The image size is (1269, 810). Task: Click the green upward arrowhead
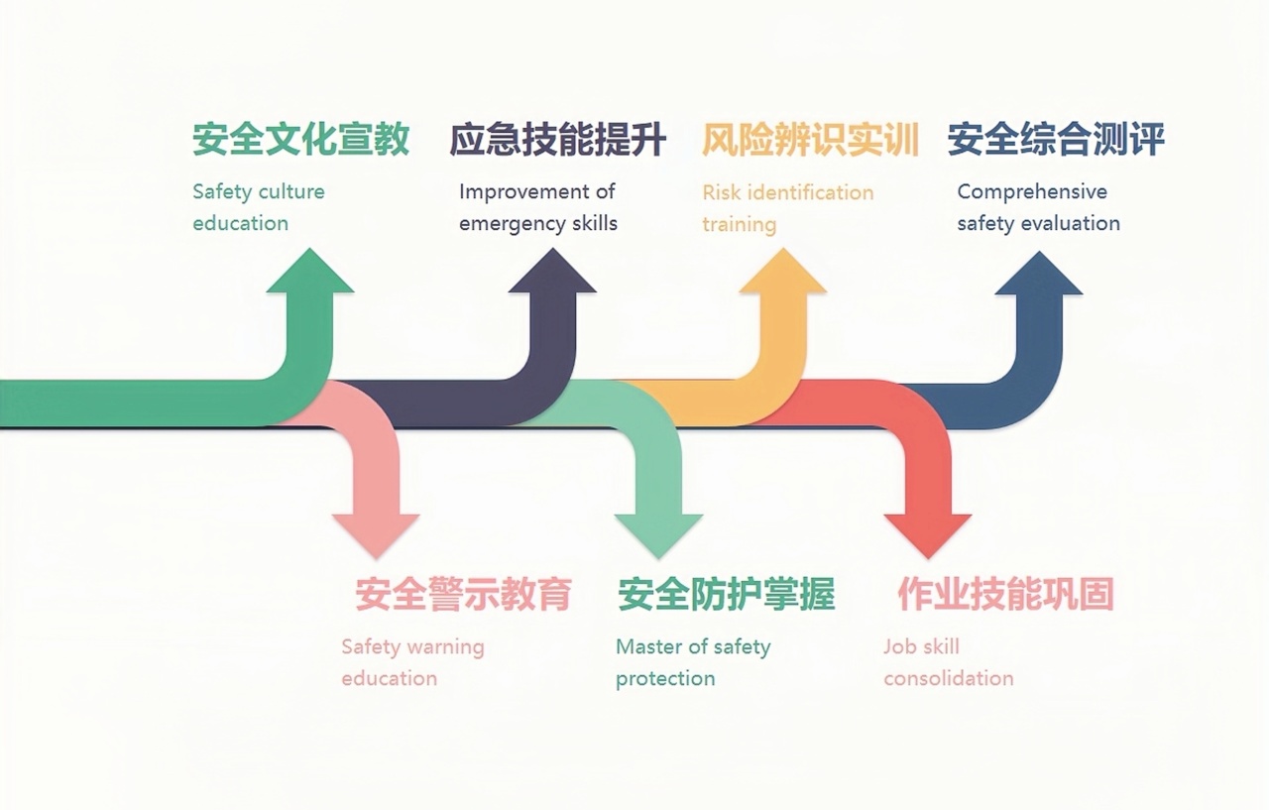[309, 274]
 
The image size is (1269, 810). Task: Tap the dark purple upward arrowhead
[552, 274]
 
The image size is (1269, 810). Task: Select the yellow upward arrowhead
[782, 274]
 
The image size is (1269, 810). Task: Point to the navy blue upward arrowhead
[1038, 276]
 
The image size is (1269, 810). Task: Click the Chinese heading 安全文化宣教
[300, 140]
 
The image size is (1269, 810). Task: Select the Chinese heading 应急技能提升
[557, 140]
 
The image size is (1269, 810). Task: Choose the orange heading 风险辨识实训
[810, 140]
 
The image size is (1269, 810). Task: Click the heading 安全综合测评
[1055, 140]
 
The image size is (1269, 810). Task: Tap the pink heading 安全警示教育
[463, 594]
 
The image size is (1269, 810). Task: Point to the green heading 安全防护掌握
[726, 594]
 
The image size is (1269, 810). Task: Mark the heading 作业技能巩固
[1005, 594]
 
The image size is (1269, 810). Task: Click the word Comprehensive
[1032, 192]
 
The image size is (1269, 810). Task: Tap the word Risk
[721, 192]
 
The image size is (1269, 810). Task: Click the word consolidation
[949, 679]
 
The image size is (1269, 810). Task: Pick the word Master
[647, 647]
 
